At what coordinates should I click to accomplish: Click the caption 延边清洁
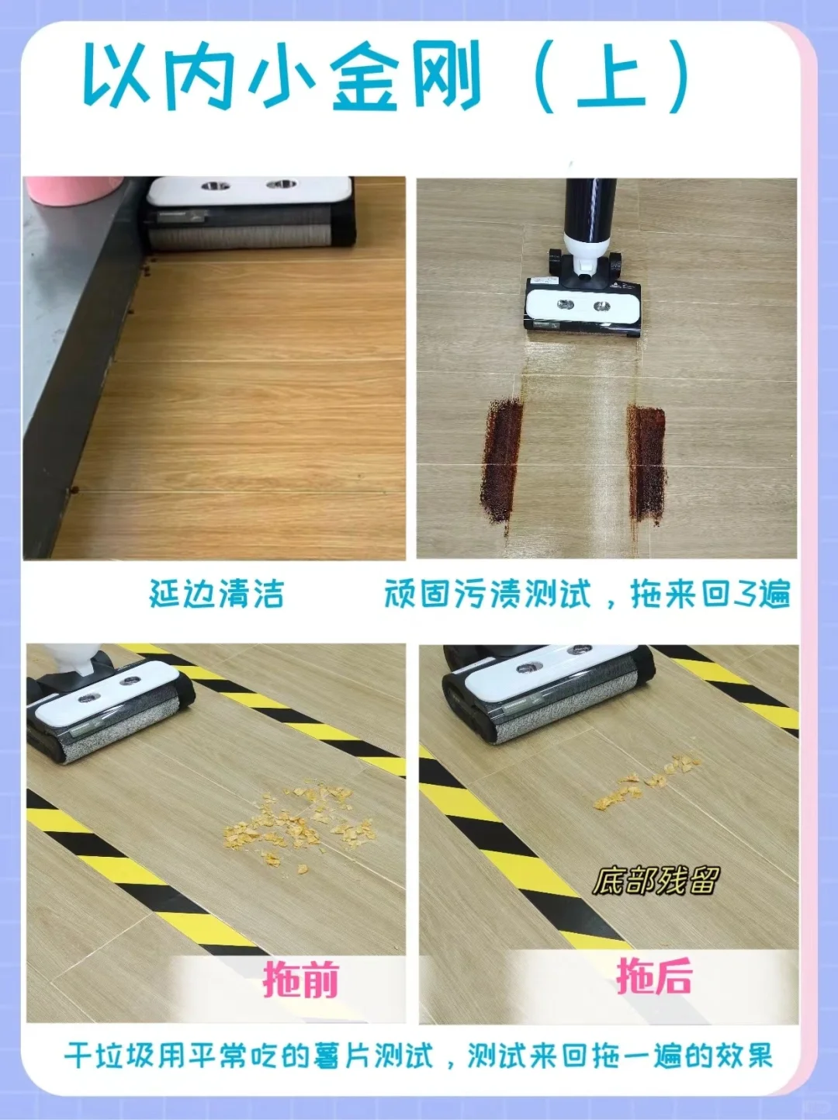click(216, 594)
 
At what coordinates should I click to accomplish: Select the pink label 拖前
click(301, 978)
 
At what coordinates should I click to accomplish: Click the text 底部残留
click(656, 880)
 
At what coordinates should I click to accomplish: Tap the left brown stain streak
click(502, 463)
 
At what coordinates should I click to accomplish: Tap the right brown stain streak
click(646, 459)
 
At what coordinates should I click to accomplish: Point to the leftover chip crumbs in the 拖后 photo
click(646, 781)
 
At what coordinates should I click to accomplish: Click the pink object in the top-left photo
click(74, 189)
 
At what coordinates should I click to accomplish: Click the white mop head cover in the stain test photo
click(583, 303)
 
